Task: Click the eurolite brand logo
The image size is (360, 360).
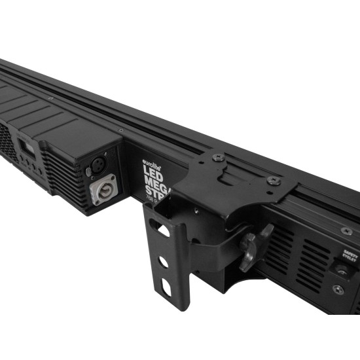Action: click(153, 159)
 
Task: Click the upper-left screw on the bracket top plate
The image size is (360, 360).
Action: click(218, 158)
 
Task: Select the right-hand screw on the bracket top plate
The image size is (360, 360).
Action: click(274, 181)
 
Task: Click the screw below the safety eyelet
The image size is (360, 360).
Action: click(338, 289)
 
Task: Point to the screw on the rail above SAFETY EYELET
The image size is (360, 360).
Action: click(347, 231)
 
